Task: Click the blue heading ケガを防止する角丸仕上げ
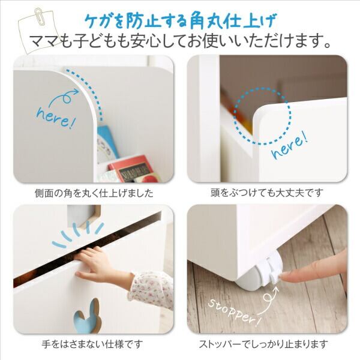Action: click(x=180, y=21)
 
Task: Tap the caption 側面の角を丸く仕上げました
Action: click(x=94, y=193)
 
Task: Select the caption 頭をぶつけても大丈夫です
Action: click(x=267, y=193)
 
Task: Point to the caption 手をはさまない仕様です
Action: click(x=92, y=344)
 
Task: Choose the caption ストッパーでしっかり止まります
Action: click(x=263, y=344)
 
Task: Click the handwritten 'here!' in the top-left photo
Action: click(x=56, y=118)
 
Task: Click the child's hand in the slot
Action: click(x=97, y=264)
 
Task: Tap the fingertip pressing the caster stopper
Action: click(x=287, y=277)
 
